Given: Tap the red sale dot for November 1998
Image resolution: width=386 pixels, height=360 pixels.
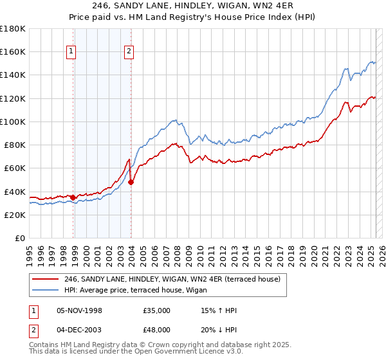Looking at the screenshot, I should click(73, 197).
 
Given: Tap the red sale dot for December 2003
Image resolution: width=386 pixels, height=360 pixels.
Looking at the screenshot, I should click(131, 182).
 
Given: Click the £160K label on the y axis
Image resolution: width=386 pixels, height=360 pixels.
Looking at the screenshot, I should click(13, 51).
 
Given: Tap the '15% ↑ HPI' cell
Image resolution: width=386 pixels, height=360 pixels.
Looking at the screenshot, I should click(219, 310).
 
